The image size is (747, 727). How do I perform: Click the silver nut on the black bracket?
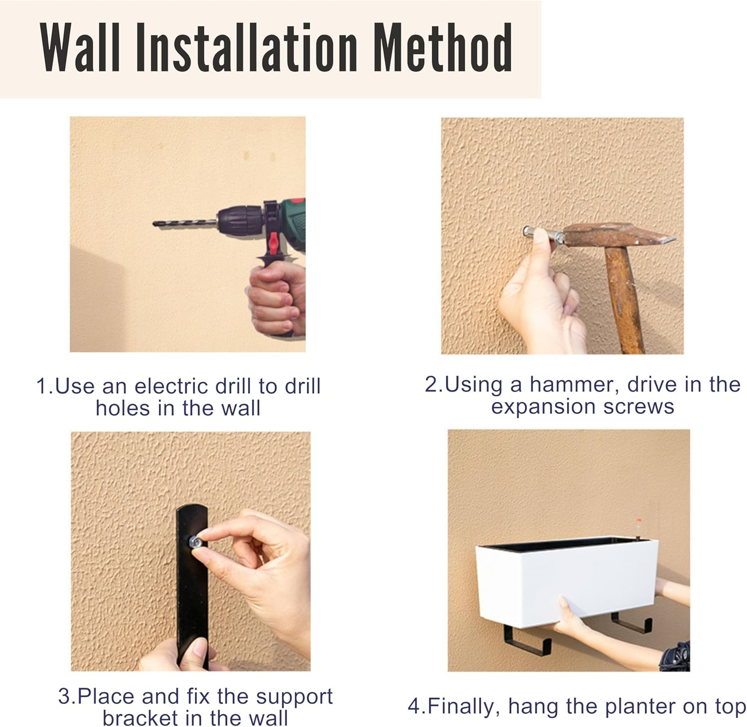(x=194, y=541)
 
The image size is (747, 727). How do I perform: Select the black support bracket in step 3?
(x=192, y=585)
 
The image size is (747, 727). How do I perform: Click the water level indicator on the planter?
(x=637, y=528)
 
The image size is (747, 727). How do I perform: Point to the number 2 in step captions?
(x=430, y=385)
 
